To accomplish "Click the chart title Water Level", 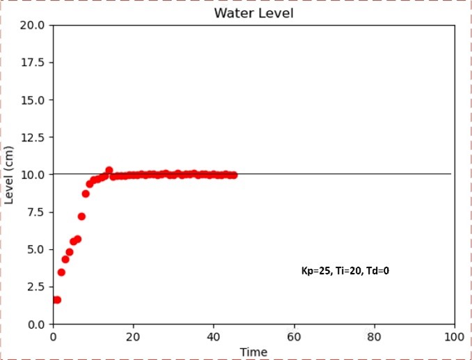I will [x=253, y=13].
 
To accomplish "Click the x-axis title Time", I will [x=253, y=352].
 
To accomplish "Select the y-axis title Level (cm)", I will [x=10, y=175].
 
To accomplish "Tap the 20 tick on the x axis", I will [x=134, y=336].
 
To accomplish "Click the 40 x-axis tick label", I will [x=214, y=336].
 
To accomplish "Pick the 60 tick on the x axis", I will [x=294, y=336].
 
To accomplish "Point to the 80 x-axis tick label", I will [x=375, y=336].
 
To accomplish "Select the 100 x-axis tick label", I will [x=454, y=336].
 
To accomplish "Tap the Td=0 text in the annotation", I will [x=376, y=271].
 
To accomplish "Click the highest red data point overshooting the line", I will [x=109, y=170].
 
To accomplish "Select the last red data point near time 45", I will [x=233, y=175].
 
